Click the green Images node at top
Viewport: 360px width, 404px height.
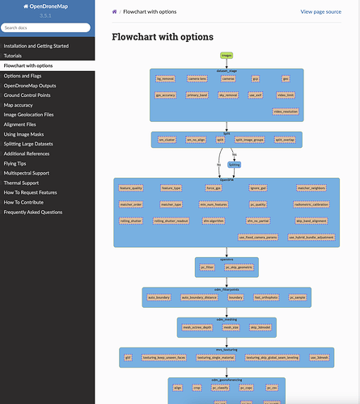click(x=227, y=55)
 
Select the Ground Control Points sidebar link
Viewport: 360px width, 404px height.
click(x=28, y=95)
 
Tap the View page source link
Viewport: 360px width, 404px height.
click(x=320, y=12)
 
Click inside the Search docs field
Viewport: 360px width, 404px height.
click(x=47, y=27)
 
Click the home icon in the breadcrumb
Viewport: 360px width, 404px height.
click(x=115, y=12)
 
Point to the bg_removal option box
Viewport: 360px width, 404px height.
click(x=165, y=78)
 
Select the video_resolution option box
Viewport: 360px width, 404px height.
click(x=286, y=111)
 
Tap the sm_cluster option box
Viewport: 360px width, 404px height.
click(x=167, y=139)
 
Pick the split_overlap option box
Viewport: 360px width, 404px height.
click(x=286, y=139)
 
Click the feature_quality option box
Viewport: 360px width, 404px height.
click(x=130, y=187)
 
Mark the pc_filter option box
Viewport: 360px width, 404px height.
click(x=207, y=265)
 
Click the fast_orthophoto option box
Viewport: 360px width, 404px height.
click(x=266, y=297)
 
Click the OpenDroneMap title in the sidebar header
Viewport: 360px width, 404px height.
click(x=47, y=6)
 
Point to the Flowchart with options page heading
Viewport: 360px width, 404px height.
click(x=162, y=37)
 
